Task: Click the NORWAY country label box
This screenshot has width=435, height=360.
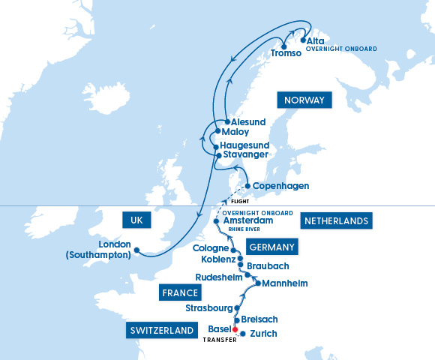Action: (x=304, y=100)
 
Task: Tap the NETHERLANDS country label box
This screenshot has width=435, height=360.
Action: (x=335, y=220)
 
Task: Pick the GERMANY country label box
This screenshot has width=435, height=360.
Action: (x=271, y=247)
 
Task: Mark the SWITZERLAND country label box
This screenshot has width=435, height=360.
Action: (x=162, y=330)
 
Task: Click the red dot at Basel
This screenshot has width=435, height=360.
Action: (x=235, y=329)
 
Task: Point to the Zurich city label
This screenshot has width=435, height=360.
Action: (x=264, y=333)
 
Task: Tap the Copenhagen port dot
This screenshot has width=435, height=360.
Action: (x=248, y=186)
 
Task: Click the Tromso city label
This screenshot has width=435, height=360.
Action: (x=286, y=54)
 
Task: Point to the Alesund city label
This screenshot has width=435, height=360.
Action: (x=248, y=121)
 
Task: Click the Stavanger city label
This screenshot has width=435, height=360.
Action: (x=246, y=154)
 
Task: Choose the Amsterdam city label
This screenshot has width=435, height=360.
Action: (x=248, y=221)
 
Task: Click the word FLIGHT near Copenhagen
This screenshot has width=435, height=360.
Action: (x=241, y=201)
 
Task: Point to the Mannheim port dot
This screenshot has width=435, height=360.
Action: (x=257, y=283)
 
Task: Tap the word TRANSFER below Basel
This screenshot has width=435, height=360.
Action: (x=220, y=340)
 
